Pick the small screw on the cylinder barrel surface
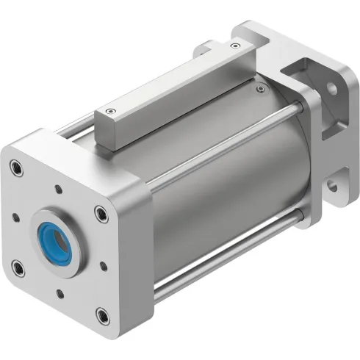(261, 91)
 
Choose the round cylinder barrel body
(220, 184)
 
